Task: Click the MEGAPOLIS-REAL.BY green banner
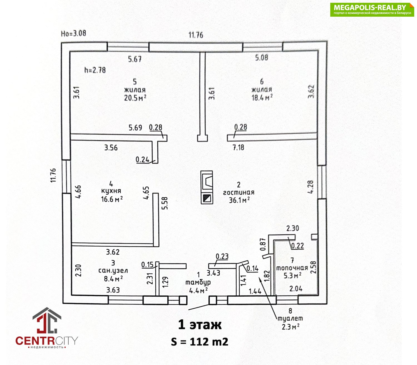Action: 372,9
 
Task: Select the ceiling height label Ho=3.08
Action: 73,33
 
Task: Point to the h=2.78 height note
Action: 95,70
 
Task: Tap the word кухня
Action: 111,191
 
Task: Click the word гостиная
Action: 239,192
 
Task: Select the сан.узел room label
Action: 113,271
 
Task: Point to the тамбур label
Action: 198,282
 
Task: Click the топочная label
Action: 292,268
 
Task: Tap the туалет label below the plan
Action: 290,318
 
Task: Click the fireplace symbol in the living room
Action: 207,181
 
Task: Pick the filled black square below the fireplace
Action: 207,198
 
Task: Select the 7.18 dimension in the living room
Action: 238,147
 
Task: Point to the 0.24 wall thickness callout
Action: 142,160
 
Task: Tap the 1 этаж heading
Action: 200,325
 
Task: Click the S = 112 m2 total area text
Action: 200,342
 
